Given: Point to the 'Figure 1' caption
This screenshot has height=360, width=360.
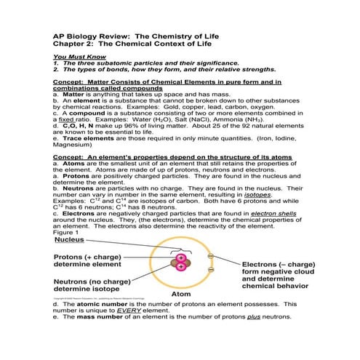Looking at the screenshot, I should point(67,233).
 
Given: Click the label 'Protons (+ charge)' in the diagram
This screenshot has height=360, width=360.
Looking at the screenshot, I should point(92,257).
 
